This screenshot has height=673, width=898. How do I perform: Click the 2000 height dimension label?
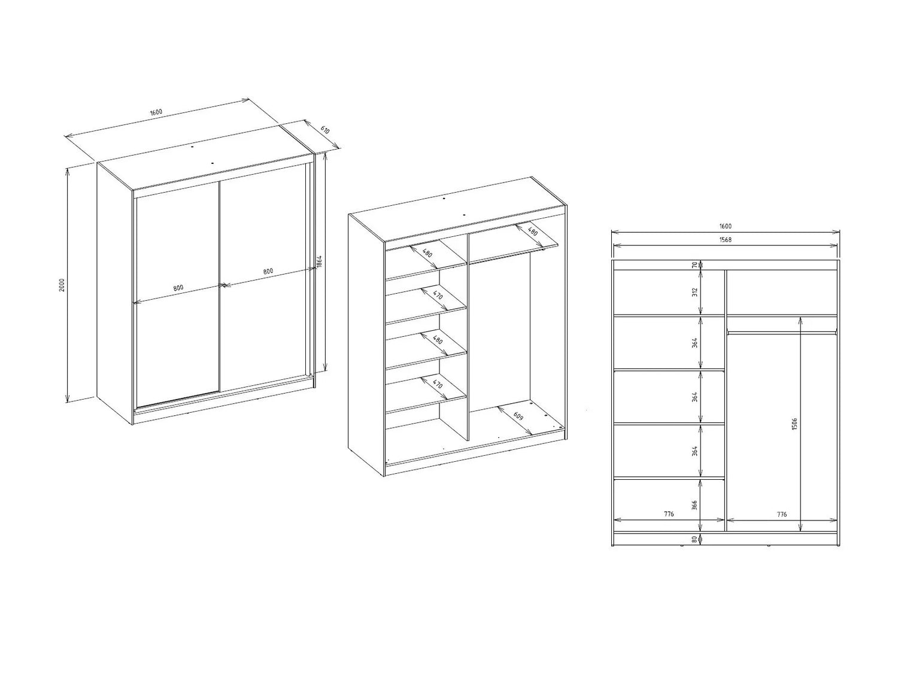62,285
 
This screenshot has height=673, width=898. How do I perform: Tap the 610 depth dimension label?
324,130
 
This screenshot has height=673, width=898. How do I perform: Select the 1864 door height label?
320,262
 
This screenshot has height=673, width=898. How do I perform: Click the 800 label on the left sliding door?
178,288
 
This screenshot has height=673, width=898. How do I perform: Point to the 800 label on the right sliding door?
268,271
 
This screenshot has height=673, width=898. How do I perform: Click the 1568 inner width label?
725,240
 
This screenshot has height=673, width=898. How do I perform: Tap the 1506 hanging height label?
794,424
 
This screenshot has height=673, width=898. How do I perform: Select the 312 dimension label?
695,293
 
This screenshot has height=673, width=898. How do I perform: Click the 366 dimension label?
694,505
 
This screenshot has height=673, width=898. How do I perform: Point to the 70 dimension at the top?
694,265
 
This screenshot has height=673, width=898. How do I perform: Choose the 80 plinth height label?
694,539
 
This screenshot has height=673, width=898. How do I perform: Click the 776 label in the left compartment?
669,514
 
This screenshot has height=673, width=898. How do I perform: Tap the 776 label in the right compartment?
781,514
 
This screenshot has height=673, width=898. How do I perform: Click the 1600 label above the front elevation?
725,226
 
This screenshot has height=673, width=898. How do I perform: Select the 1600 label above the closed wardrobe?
156,112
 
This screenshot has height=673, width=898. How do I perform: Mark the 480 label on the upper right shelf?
532,232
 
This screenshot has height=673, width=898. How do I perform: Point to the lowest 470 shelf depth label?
438,385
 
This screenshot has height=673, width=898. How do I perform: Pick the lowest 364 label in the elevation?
694,451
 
